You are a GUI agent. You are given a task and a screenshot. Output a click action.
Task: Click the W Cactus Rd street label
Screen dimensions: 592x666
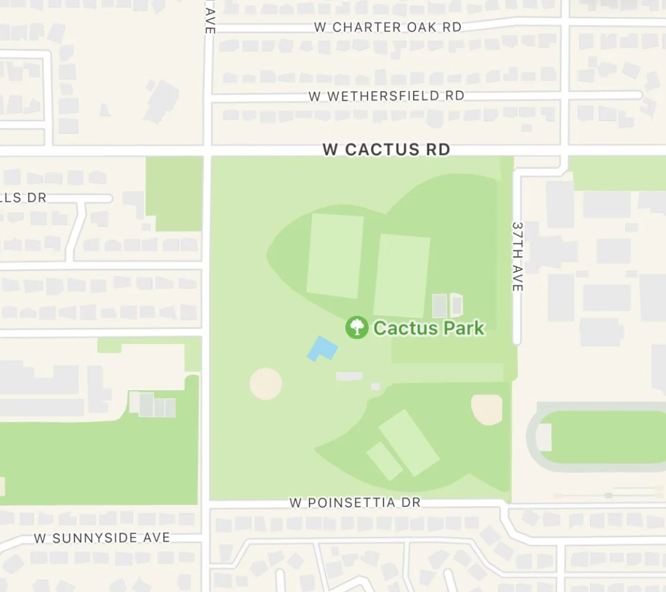tap(386, 149)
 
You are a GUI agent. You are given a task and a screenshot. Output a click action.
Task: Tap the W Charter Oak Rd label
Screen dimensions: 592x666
tap(388, 27)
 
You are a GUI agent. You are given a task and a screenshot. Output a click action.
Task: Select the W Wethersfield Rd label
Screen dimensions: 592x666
tap(386, 96)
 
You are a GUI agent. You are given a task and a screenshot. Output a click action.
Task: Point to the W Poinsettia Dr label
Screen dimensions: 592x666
tap(355, 503)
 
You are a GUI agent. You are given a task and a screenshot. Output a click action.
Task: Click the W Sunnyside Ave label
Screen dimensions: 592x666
tap(102, 538)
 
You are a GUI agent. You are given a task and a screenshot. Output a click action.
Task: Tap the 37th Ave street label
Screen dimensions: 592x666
tap(517, 256)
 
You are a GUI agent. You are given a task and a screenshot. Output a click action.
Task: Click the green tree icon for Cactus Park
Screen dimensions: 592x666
tap(357, 327)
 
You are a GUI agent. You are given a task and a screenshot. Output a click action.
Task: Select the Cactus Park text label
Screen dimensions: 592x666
tap(429, 327)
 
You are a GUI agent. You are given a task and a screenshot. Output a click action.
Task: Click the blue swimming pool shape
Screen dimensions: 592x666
tap(322, 348)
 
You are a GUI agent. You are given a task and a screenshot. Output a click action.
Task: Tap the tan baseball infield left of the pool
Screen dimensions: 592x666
tap(266, 384)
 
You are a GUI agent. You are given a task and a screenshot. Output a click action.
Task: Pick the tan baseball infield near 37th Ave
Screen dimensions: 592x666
tap(487, 409)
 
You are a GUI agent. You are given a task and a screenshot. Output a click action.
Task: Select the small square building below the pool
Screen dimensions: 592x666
tap(375, 387)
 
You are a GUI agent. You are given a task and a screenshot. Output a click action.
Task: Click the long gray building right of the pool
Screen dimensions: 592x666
tap(349, 376)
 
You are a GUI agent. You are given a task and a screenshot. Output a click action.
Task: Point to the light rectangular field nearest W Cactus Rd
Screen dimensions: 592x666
tap(335, 256)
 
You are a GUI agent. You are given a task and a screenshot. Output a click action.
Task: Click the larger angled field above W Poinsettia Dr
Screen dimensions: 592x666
tap(409, 442)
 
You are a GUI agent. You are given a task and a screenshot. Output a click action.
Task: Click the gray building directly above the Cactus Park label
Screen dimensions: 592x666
tap(439, 305)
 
